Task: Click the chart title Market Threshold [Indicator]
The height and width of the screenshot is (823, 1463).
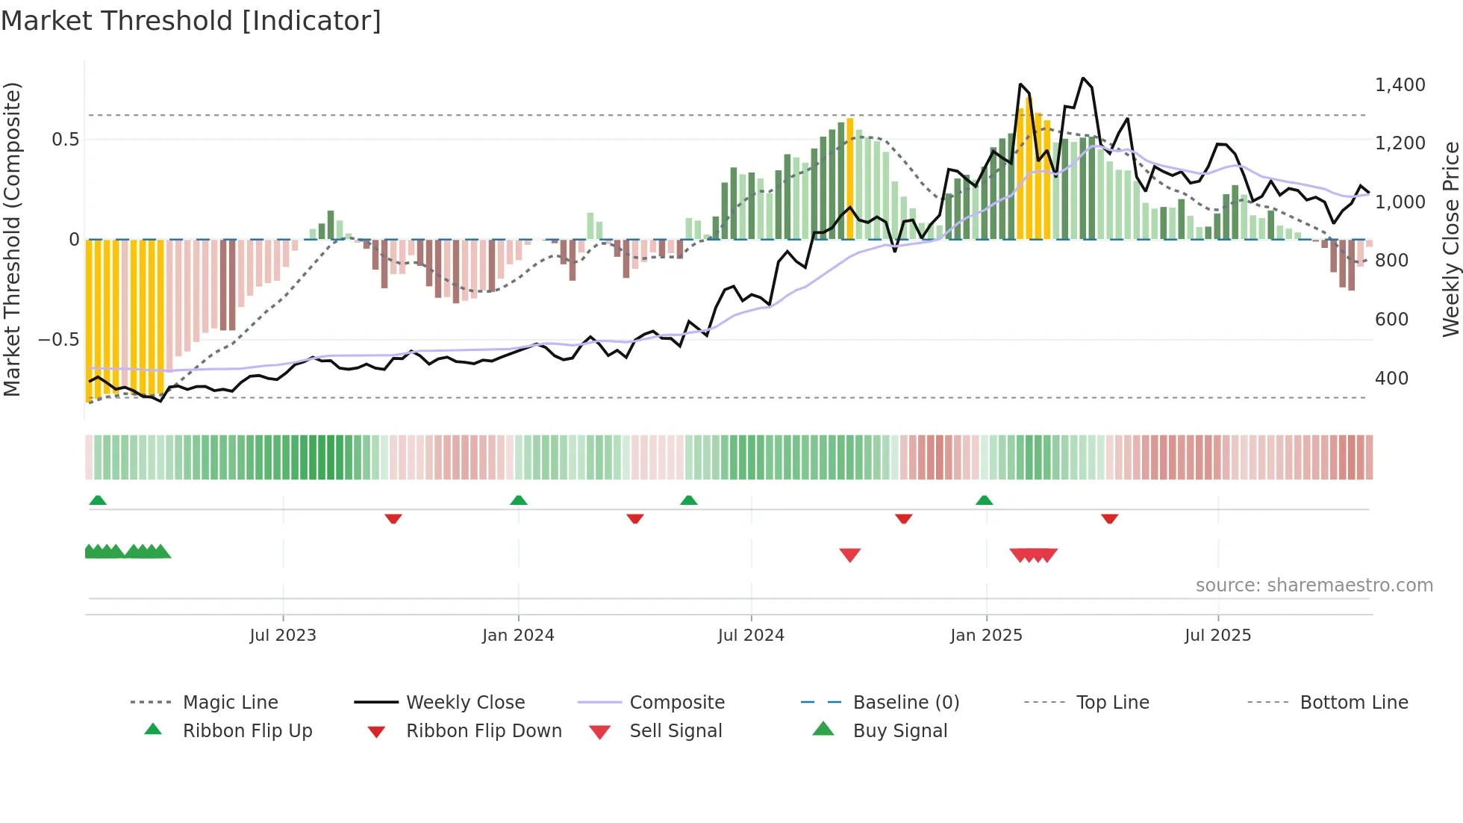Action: (191, 21)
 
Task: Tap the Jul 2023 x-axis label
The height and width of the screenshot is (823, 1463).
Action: (283, 636)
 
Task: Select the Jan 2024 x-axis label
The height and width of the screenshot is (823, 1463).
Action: (518, 636)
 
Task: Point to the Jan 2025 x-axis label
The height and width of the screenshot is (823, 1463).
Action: (986, 636)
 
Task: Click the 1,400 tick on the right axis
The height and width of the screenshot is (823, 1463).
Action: (1400, 85)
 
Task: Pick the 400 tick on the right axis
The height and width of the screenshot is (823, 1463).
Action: (1391, 379)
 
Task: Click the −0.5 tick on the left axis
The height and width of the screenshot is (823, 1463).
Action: (58, 340)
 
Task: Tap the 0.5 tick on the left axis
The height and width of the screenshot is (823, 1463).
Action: (65, 140)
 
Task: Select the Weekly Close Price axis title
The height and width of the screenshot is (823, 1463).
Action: (1450, 239)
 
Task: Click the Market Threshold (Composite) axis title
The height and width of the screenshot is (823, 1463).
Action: (12, 239)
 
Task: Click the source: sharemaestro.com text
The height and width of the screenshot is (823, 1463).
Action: (1314, 586)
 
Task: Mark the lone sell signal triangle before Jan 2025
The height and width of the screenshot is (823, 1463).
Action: (849, 555)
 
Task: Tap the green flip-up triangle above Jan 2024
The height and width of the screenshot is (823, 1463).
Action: (519, 500)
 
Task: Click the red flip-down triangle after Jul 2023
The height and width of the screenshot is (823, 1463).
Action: (393, 518)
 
